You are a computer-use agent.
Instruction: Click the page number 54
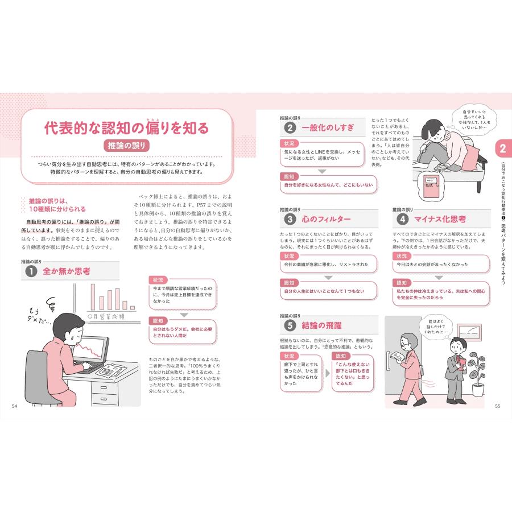14,405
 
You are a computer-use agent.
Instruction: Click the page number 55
497,405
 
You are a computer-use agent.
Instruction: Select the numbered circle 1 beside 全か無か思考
29,272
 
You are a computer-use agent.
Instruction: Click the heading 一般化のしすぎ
328,128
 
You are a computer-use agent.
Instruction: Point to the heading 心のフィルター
326,219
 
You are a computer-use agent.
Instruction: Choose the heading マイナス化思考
440,219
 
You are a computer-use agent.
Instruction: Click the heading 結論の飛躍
322,325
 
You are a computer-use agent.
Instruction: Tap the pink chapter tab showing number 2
502,149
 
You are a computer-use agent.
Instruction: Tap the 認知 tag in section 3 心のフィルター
289,283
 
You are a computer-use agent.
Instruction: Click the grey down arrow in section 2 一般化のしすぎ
321,171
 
